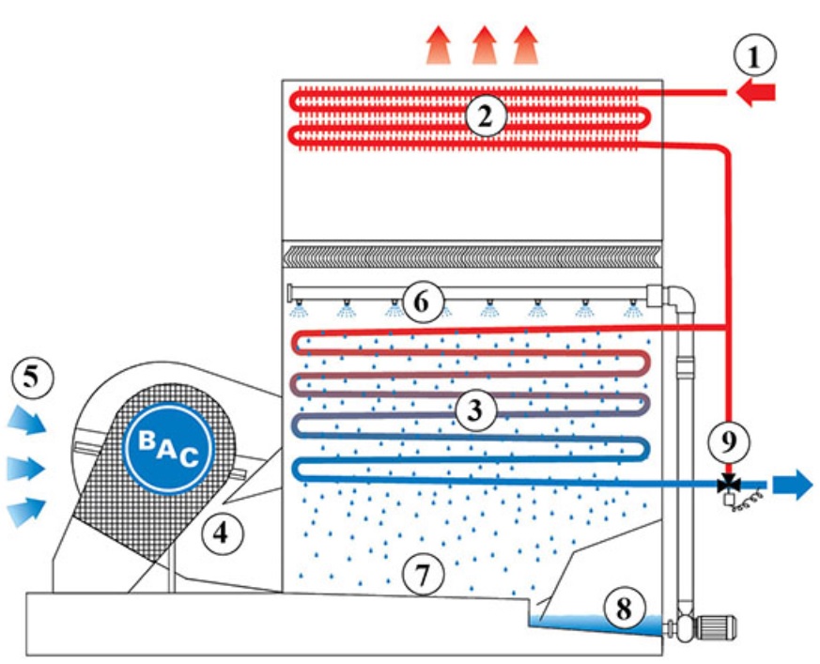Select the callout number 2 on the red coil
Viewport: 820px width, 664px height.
[485, 117]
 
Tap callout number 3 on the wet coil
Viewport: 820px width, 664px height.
[475, 410]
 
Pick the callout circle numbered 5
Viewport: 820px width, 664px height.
[31, 378]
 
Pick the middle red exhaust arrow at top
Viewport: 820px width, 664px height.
[484, 44]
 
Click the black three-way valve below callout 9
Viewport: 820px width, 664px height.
[727, 485]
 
